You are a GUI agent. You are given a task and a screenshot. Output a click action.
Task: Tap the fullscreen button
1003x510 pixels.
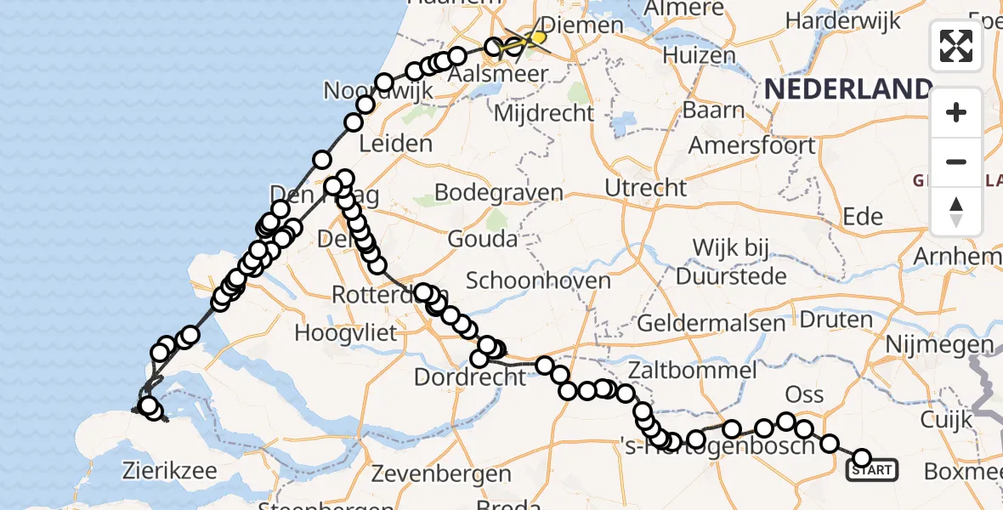(x=956, y=46)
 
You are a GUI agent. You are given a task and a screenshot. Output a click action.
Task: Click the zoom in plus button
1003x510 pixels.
(x=956, y=112)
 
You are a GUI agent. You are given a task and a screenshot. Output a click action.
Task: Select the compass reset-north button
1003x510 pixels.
(x=956, y=212)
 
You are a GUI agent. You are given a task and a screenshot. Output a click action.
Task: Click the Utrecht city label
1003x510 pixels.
(x=646, y=187)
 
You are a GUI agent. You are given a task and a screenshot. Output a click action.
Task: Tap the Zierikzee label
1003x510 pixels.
(x=169, y=470)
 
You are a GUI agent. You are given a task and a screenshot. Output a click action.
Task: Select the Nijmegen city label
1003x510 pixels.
(x=939, y=344)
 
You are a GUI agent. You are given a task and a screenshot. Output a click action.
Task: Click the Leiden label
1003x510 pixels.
(x=395, y=144)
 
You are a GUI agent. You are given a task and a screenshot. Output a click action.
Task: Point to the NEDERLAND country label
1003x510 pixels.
(x=847, y=88)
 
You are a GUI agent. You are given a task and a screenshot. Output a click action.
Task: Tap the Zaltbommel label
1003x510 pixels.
(x=693, y=370)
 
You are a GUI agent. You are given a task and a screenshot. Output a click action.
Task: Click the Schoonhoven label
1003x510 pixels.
(x=538, y=280)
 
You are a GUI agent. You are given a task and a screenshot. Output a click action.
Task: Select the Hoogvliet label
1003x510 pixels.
(x=346, y=332)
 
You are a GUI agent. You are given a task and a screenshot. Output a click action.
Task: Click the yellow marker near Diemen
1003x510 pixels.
(x=537, y=37)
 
